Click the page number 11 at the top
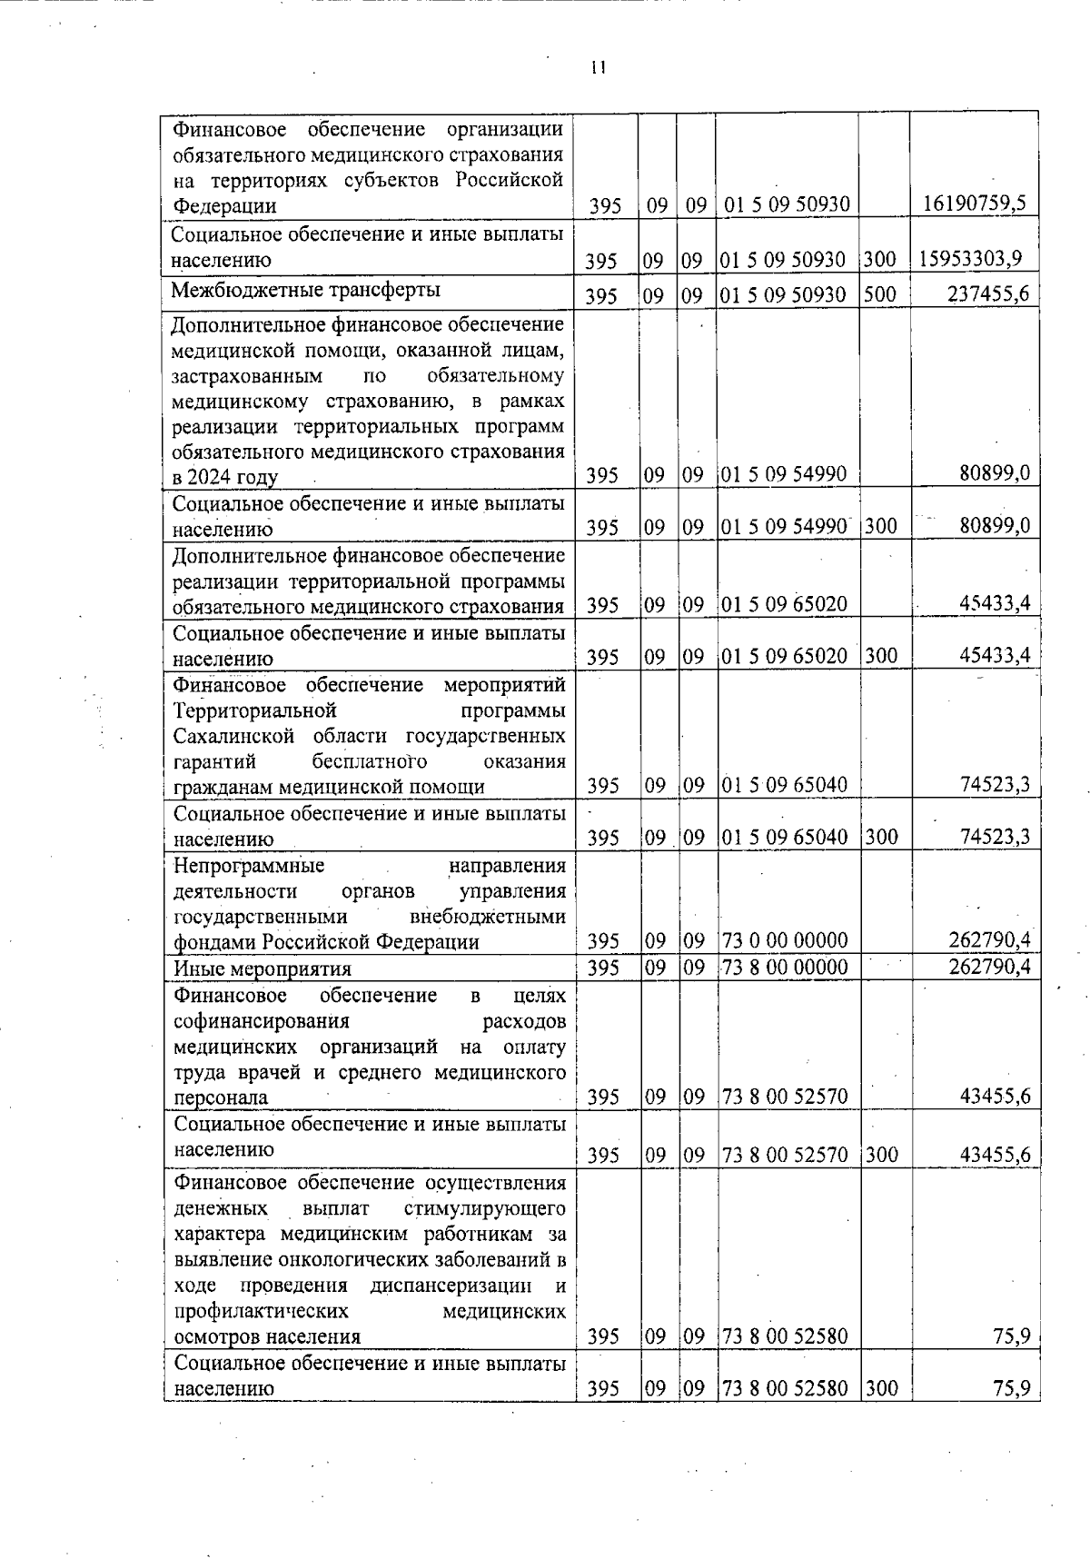pyautogui.click(x=598, y=68)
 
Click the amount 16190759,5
pyautogui.click(x=974, y=204)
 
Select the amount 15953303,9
pyautogui.click(x=971, y=258)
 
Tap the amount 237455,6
pyautogui.click(x=988, y=293)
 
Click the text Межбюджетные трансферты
pyautogui.click(x=306, y=290)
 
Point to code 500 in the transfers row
pyautogui.click(x=880, y=294)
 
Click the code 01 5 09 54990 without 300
pyautogui.click(x=783, y=473)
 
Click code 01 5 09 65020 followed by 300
pyautogui.click(x=783, y=656)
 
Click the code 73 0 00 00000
pyautogui.click(x=784, y=940)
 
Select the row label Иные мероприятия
pyautogui.click(x=262, y=968)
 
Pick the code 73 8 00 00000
pyautogui.click(x=784, y=967)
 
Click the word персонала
pyautogui.click(x=221, y=1097)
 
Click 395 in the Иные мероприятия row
pyautogui.click(x=603, y=967)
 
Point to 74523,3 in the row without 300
pyautogui.click(x=996, y=785)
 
